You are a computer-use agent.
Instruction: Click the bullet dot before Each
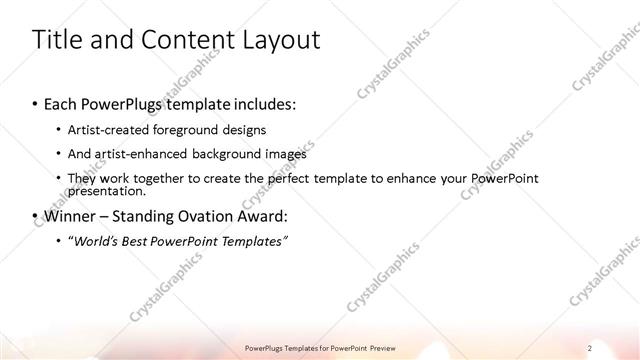click(x=36, y=104)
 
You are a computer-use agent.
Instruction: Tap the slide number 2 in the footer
click(x=589, y=347)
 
